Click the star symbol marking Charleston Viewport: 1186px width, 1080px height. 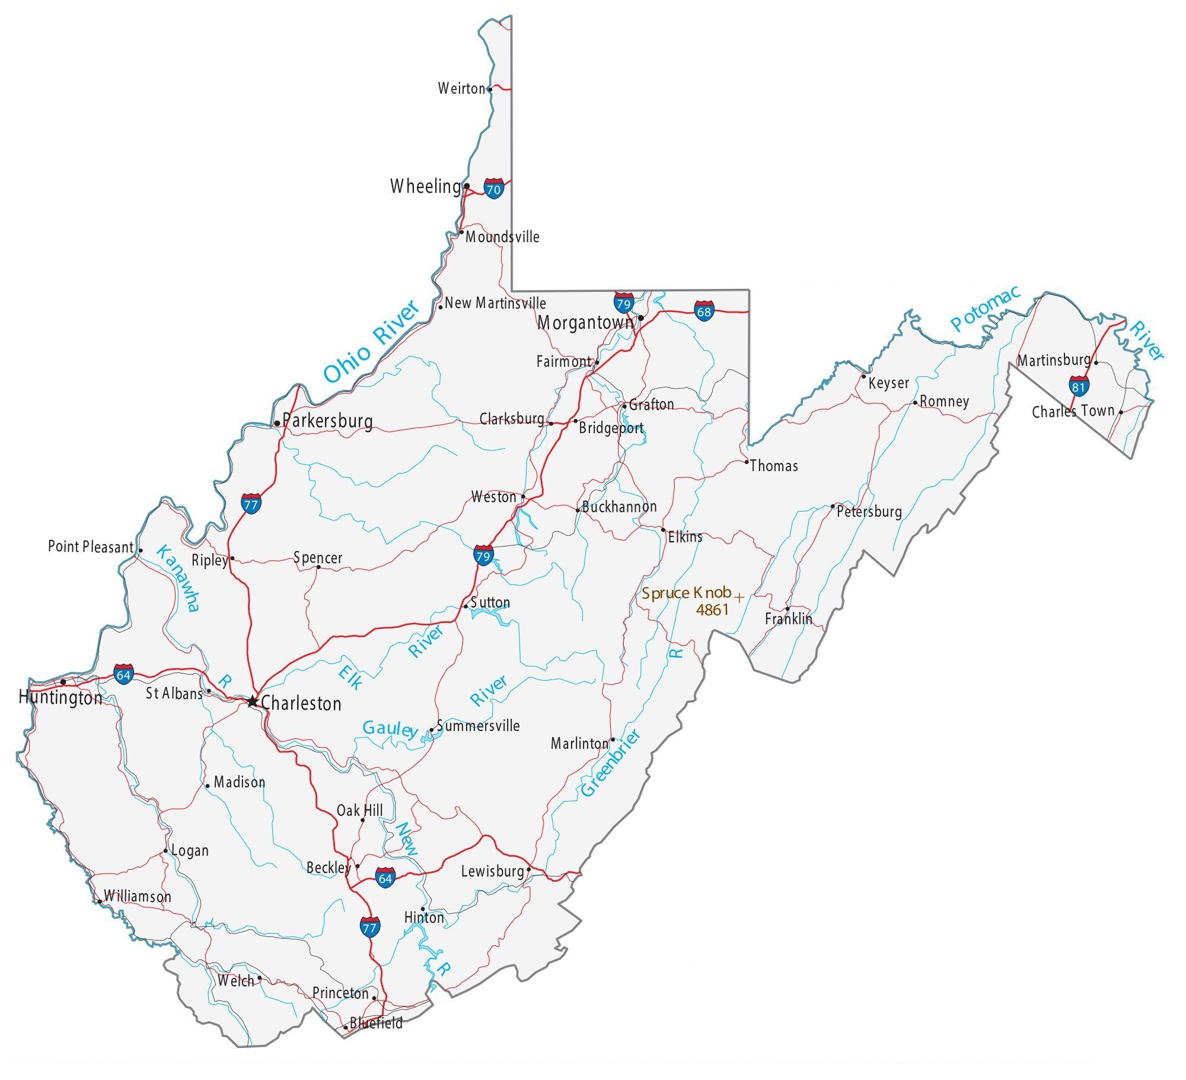click(x=253, y=701)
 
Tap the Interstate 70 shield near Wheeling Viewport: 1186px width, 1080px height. click(x=493, y=188)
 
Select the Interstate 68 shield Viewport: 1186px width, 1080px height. click(x=704, y=310)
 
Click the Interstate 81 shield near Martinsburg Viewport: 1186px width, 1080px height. click(x=1079, y=386)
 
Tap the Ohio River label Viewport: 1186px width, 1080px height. click(x=371, y=342)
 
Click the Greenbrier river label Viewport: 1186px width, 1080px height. click(x=610, y=763)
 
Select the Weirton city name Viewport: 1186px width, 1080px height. click(x=461, y=89)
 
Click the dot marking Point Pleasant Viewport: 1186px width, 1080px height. click(x=141, y=551)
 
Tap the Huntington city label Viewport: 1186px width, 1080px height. click(x=60, y=697)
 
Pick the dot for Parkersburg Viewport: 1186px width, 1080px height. click(x=277, y=423)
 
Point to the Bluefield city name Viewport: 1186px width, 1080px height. click(x=376, y=1023)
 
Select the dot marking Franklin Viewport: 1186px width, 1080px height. click(x=788, y=609)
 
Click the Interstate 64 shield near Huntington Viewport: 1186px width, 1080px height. click(x=123, y=674)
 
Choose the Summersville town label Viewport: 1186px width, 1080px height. click(x=478, y=726)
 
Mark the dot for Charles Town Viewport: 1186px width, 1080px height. click(x=1121, y=412)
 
